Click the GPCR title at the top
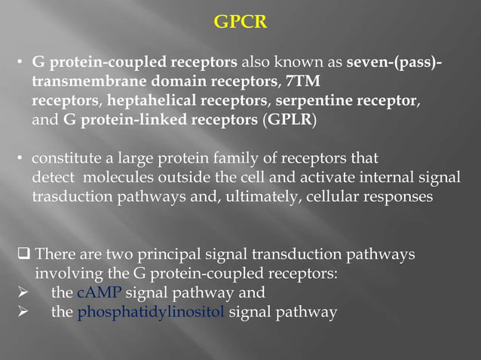point(240,23)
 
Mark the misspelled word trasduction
point(71,198)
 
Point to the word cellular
point(340,198)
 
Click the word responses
point(400,198)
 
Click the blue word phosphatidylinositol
point(151,313)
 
